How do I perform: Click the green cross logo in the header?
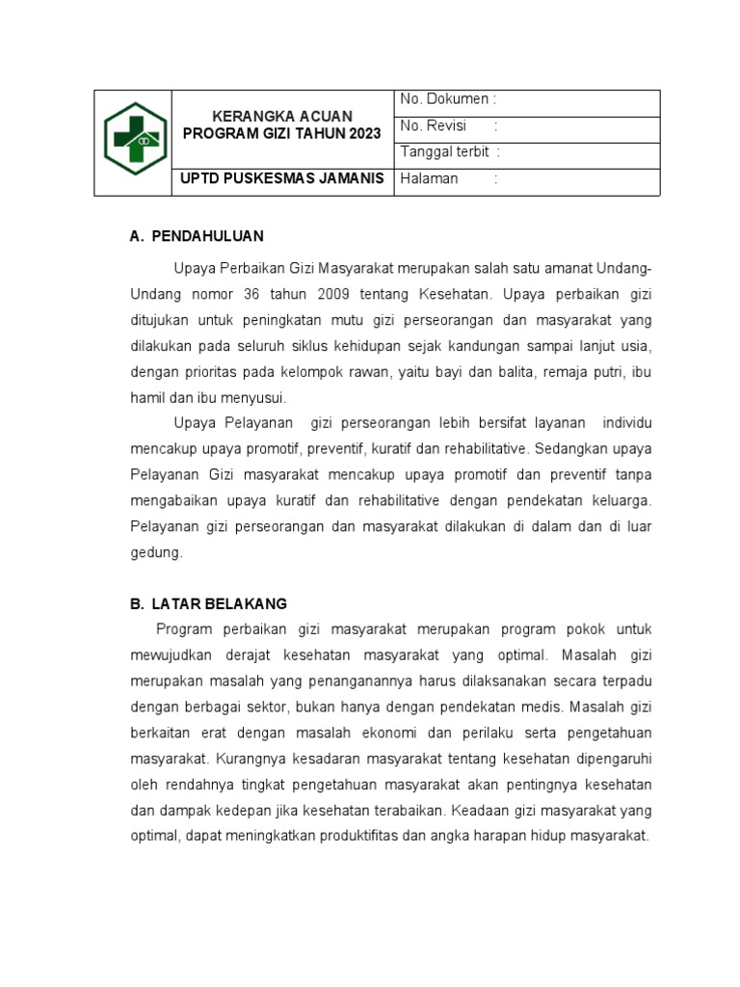[132, 141]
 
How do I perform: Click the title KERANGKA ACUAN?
[282, 116]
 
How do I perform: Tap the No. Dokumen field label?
[446, 99]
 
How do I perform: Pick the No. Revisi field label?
[433, 125]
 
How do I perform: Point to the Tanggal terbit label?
[444, 152]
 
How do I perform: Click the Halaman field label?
[429, 178]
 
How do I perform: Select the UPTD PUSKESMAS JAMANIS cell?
[282, 178]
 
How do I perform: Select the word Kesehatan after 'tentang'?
[454, 293]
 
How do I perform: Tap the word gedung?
[154, 552]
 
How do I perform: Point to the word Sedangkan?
[569, 448]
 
